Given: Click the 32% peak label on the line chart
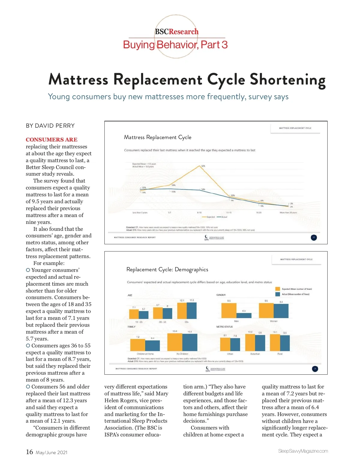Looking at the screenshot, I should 203,166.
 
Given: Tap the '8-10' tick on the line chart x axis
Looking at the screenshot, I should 199,213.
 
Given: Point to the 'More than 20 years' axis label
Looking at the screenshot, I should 288,213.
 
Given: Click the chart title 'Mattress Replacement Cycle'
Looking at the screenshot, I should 157,137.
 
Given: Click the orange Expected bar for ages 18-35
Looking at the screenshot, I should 134,314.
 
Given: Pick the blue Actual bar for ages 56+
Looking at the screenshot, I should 192,311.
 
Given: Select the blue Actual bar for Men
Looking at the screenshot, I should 244,315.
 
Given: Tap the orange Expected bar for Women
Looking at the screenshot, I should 266,311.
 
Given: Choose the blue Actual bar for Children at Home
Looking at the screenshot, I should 152,346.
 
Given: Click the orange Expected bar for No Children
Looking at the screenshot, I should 175,342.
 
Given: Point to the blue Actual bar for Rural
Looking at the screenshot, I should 285,343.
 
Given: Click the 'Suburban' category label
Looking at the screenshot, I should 255,354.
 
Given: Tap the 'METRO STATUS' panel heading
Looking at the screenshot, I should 224,327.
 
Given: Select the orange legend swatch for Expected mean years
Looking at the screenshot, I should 277,289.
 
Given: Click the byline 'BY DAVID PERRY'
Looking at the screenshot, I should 50,126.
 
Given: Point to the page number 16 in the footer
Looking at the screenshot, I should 29,452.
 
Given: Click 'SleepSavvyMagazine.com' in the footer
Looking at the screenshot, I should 303,451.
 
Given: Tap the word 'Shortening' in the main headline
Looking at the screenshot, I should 287,80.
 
